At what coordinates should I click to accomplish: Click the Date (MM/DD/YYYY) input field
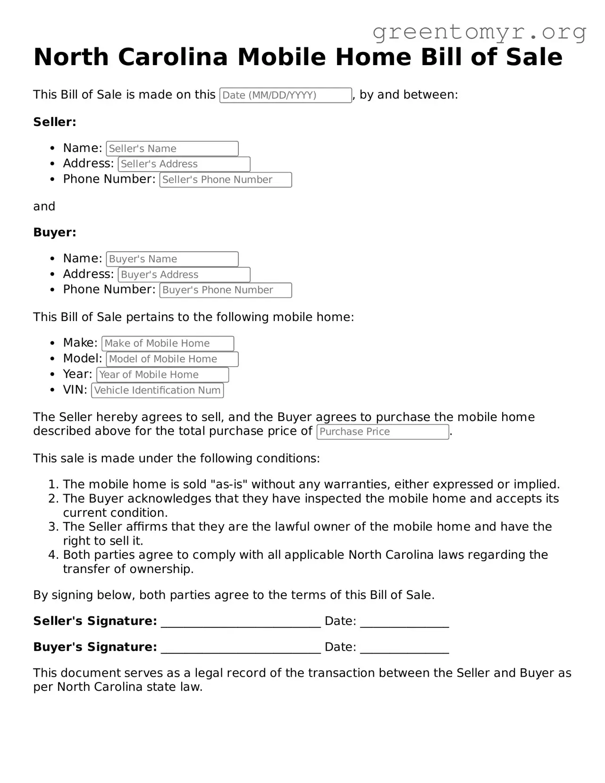point(286,95)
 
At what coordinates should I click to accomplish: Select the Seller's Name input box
point(172,149)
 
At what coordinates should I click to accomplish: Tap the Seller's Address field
point(184,164)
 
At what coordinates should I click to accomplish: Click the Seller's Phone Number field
point(226,180)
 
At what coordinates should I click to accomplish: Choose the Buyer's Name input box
point(172,259)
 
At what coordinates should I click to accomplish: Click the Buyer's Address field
point(184,275)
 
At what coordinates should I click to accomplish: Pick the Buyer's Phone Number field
point(226,290)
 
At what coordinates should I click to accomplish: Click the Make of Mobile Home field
point(168,344)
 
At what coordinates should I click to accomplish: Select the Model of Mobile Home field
point(172,359)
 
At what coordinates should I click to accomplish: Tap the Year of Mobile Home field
point(162,375)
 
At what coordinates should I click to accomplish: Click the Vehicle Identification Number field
point(157,390)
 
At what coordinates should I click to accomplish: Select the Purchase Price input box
point(382,432)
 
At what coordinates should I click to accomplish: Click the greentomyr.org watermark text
point(479,32)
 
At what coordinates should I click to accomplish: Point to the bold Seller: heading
point(55,122)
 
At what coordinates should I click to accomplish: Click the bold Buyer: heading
point(55,233)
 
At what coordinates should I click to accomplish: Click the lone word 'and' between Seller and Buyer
point(44,207)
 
